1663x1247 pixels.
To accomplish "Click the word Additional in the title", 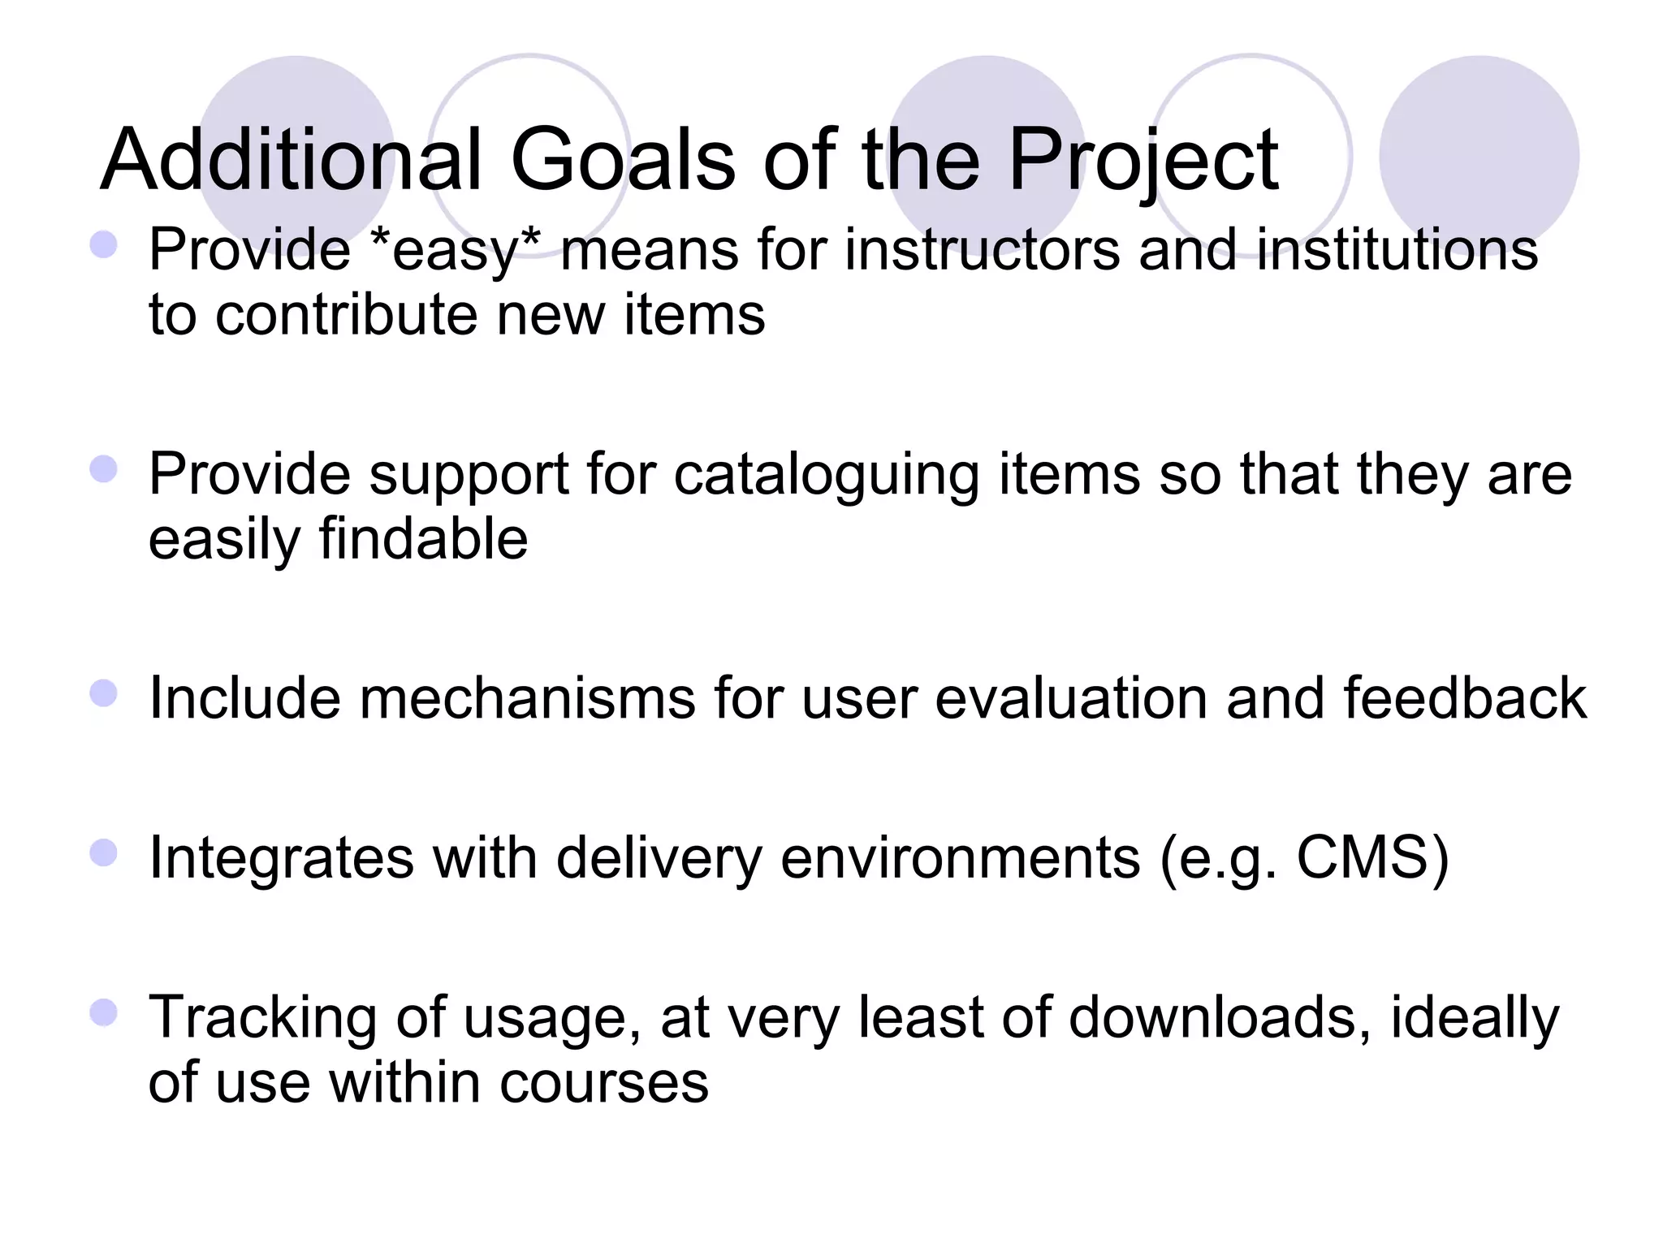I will (292, 160).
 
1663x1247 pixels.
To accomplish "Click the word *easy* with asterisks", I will (455, 250).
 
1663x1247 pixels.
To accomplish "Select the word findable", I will (423, 539).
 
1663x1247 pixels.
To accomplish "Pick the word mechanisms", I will (527, 698).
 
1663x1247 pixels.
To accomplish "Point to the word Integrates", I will (281, 859).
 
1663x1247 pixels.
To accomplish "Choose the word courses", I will (604, 1083).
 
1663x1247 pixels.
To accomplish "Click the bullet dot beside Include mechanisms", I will (104, 693).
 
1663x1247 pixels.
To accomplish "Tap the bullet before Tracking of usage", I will (104, 1013).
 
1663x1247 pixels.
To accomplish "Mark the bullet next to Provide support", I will (104, 468).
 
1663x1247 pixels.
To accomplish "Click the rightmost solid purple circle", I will (1479, 154).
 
